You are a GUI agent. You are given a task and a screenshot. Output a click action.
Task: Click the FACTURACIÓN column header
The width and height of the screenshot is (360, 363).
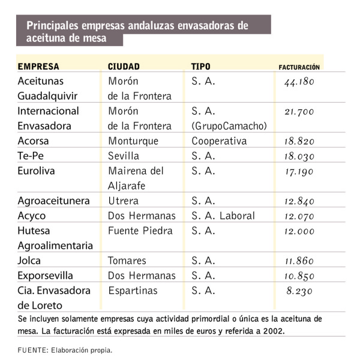(x=299, y=67)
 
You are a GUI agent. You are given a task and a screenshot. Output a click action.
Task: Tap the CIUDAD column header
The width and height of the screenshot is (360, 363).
(x=124, y=66)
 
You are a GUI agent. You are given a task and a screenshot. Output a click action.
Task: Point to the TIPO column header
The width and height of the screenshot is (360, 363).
(x=201, y=66)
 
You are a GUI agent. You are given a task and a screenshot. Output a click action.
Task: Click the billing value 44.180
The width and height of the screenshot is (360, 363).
(x=299, y=81)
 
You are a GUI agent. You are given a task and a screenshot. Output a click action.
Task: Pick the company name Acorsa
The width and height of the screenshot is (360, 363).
(x=34, y=141)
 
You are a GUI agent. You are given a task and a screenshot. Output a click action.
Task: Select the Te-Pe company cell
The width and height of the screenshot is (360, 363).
(x=31, y=156)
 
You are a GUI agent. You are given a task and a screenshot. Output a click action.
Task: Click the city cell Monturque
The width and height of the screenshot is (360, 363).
(x=133, y=141)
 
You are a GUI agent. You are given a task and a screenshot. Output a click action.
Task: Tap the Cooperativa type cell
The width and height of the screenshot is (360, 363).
(x=219, y=141)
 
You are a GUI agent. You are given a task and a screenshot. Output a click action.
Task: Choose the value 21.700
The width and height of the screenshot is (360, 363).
(x=299, y=112)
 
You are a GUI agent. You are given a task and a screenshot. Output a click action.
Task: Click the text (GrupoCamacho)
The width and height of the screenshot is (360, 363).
(x=229, y=126)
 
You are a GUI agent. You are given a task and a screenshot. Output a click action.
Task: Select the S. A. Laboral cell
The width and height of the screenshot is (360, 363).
(x=223, y=215)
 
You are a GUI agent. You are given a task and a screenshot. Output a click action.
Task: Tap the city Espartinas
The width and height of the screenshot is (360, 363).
(x=133, y=290)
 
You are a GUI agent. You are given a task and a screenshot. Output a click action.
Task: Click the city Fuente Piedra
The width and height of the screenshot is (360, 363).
(x=140, y=230)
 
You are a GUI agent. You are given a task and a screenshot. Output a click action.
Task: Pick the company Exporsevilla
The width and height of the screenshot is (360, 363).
(x=46, y=275)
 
